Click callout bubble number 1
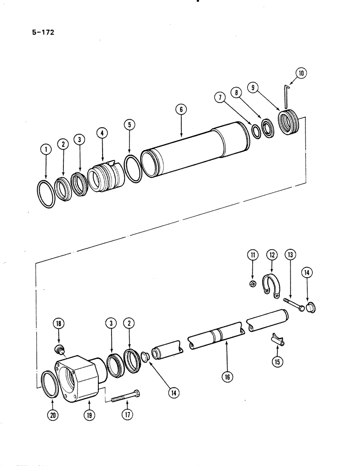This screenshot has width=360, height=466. [x=45, y=150]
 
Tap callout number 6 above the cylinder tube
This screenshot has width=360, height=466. [x=180, y=110]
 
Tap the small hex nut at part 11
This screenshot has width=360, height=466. [x=251, y=283]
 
